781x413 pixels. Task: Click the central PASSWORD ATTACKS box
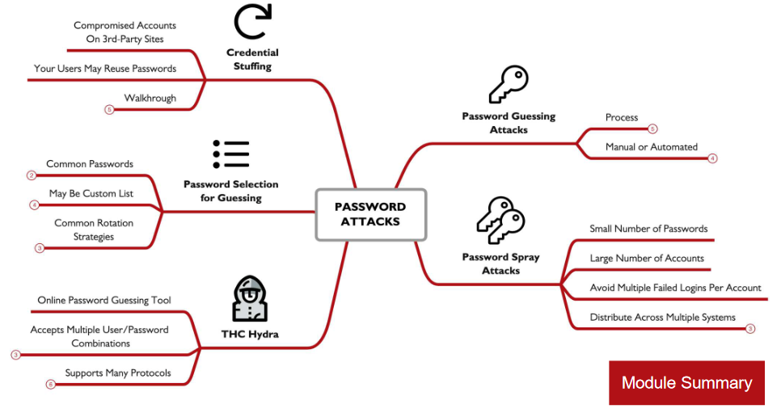[x=370, y=214]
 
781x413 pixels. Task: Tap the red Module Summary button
[x=686, y=382]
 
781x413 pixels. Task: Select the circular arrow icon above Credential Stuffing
[x=252, y=22]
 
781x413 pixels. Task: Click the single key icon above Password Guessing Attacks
[x=509, y=83]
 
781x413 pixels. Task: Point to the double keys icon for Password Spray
[x=500, y=220]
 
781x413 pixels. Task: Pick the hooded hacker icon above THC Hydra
[x=249, y=299]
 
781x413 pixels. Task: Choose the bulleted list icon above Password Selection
[x=231, y=154]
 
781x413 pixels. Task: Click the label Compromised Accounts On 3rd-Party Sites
[x=125, y=32]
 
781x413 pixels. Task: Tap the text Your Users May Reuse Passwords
[x=105, y=69]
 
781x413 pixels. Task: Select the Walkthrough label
[x=150, y=98]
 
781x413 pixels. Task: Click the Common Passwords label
[x=90, y=164]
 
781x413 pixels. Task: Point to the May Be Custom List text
[x=91, y=194]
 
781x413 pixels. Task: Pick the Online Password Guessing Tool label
[x=104, y=301]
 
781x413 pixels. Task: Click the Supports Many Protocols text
[x=118, y=373]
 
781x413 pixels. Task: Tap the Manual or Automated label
[x=651, y=147]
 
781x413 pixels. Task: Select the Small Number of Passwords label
[x=648, y=229]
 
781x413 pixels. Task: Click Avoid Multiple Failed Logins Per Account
[x=675, y=288]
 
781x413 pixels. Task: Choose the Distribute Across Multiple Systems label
[x=662, y=318]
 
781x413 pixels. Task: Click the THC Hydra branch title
[x=250, y=334]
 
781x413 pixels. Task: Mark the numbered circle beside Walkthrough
[x=109, y=109]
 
